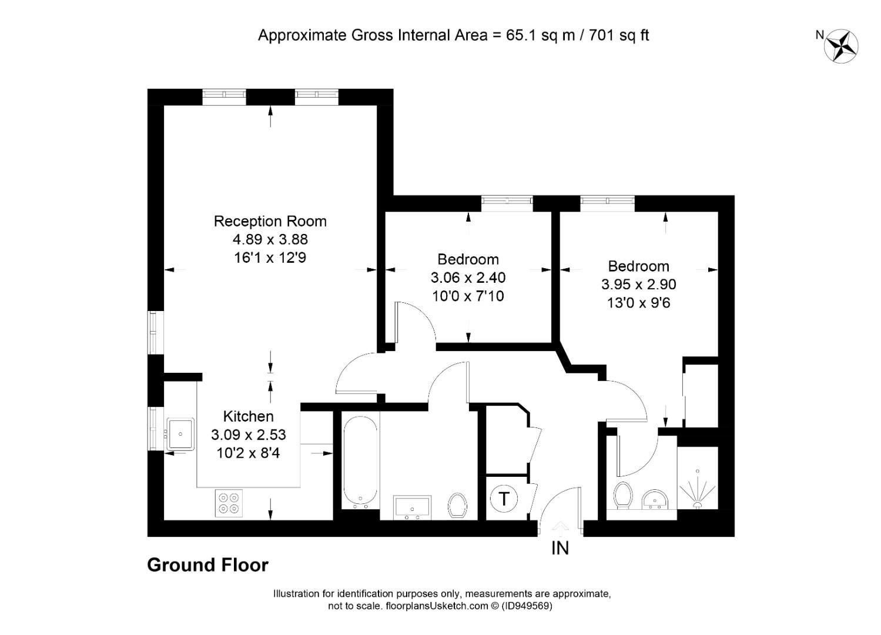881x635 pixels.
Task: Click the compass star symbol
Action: coord(841,46)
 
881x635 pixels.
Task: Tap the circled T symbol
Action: coord(504,499)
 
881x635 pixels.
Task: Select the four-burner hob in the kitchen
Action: coord(229,503)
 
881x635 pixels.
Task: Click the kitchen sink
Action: coord(180,434)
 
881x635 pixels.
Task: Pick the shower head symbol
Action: coord(698,490)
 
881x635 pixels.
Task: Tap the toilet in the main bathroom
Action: coord(457,505)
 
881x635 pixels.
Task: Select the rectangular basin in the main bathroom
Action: coord(412,507)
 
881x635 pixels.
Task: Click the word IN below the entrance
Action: coord(560,548)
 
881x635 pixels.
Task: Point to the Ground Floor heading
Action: coord(207,566)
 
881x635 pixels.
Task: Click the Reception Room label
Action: coord(270,221)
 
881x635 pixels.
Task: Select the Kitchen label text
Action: coord(248,416)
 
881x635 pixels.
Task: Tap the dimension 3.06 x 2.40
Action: coord(468,278)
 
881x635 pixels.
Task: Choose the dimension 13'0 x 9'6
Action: coord(638,303)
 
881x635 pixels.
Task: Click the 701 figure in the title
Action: coord(602,35)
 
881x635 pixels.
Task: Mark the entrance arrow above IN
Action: coord(560,527)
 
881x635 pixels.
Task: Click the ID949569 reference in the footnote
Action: coord(527,606)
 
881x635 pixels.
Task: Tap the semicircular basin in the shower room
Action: coord(655,499)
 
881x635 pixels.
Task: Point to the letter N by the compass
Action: coord(820,35)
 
